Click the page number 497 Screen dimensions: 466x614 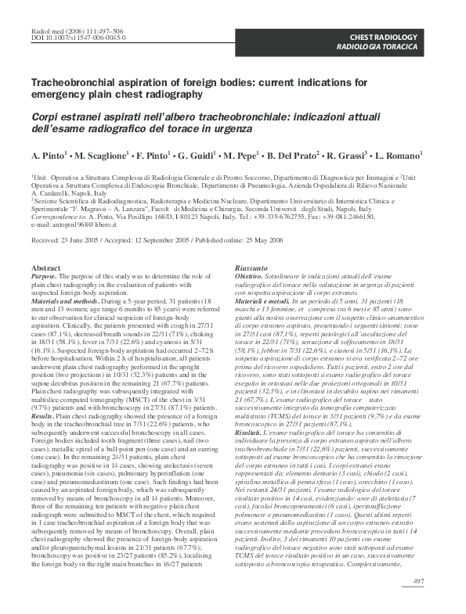coord(419,580)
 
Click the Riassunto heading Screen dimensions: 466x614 coord(251,268)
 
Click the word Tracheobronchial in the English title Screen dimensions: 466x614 coord(71,82)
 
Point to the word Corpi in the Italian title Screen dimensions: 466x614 coord(45,116)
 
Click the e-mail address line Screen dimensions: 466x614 coord(78,226)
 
